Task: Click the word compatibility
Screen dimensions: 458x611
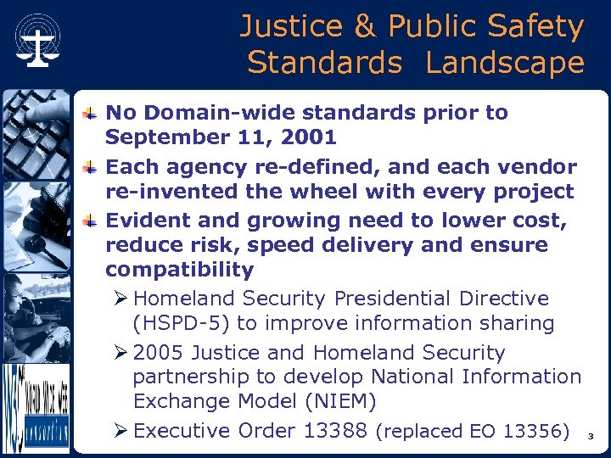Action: (179, 271)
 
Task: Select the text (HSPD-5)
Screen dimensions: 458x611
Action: (181, 323)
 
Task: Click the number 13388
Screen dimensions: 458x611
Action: (322, 431)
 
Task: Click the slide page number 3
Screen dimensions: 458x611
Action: (591, 437)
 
